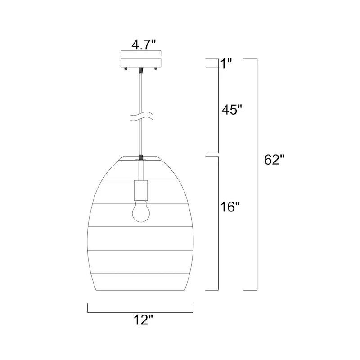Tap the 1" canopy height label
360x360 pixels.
click(x=226, y=64)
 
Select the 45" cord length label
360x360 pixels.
click(x=232, y=110)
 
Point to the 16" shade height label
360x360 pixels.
click(x=230, y=207)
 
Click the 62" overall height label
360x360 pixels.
click(x=274, y=160)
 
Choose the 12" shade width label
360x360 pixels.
click(x=143, y=319)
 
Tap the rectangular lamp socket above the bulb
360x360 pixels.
click(x=141, y=190)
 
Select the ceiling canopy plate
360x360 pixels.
click(x=141, y=63)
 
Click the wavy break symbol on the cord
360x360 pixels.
click(x=141, y=117)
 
